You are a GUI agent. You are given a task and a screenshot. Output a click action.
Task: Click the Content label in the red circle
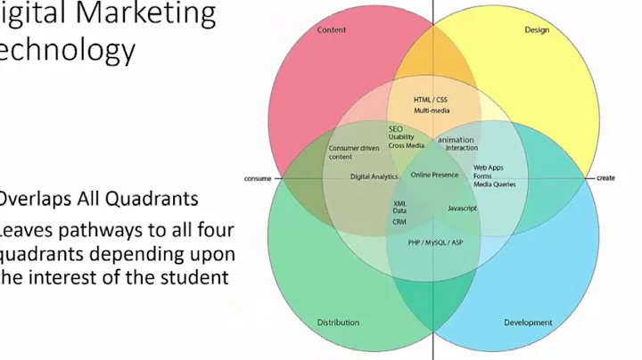pos(332,30)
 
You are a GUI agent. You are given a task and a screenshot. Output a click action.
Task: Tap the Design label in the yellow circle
pos(536,30)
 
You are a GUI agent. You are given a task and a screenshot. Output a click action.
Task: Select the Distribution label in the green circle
pos(339,322)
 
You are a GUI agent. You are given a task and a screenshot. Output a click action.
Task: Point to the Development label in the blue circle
pos(528,322)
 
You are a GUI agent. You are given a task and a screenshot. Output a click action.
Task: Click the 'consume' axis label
pos(258,178)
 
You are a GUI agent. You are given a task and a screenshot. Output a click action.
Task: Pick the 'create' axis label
pos(605,178)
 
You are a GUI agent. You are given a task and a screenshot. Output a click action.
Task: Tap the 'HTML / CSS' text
pos(431,99)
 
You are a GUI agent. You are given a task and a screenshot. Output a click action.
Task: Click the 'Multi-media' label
pos(432,110)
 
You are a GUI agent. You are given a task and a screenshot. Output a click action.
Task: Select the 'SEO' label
pos(396,129)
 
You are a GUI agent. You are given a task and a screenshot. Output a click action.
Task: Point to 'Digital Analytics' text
pos(374,176)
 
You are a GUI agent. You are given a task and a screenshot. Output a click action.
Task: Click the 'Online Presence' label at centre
pos(434,175)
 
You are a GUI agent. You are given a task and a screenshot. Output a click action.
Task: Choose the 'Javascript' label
pos(462,208)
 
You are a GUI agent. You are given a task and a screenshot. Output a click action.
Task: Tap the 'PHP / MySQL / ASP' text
pos(435,242)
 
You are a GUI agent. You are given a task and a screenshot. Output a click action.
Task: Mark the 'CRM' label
pos(399,221)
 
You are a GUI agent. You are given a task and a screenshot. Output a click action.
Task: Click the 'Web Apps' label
pos(489,168)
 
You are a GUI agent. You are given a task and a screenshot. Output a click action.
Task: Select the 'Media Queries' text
pos(494,184)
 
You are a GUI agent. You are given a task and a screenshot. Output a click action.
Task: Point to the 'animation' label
pos(457,140)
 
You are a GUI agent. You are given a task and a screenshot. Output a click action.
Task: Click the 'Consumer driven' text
pos(354,148)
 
